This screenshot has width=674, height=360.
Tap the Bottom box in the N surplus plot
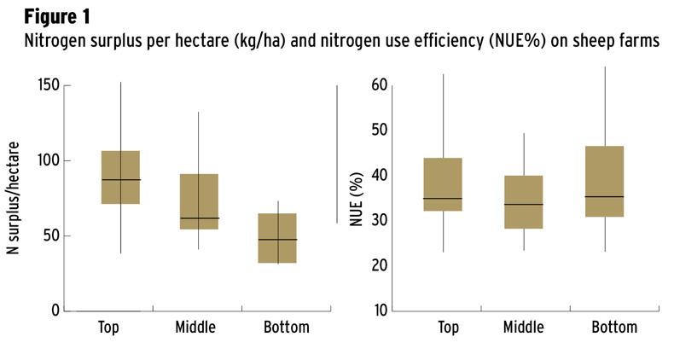coord(277,238)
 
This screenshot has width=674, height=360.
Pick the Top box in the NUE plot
coord(443,184)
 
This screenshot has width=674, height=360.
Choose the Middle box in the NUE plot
coord(523,202)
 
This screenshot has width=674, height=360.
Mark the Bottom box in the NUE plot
coord(604,182)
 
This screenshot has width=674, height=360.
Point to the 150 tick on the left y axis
coord(50,85)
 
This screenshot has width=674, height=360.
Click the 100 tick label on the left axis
coord(50,160)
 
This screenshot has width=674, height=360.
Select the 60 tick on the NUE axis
coord(381,85)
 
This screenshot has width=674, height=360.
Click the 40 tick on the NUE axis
coord(381,176)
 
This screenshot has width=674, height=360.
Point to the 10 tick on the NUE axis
coord(381,310)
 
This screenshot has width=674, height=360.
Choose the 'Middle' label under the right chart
coord(523,328)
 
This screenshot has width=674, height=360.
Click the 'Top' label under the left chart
coord(108,328)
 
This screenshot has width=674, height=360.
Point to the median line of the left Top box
coord(120,180)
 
